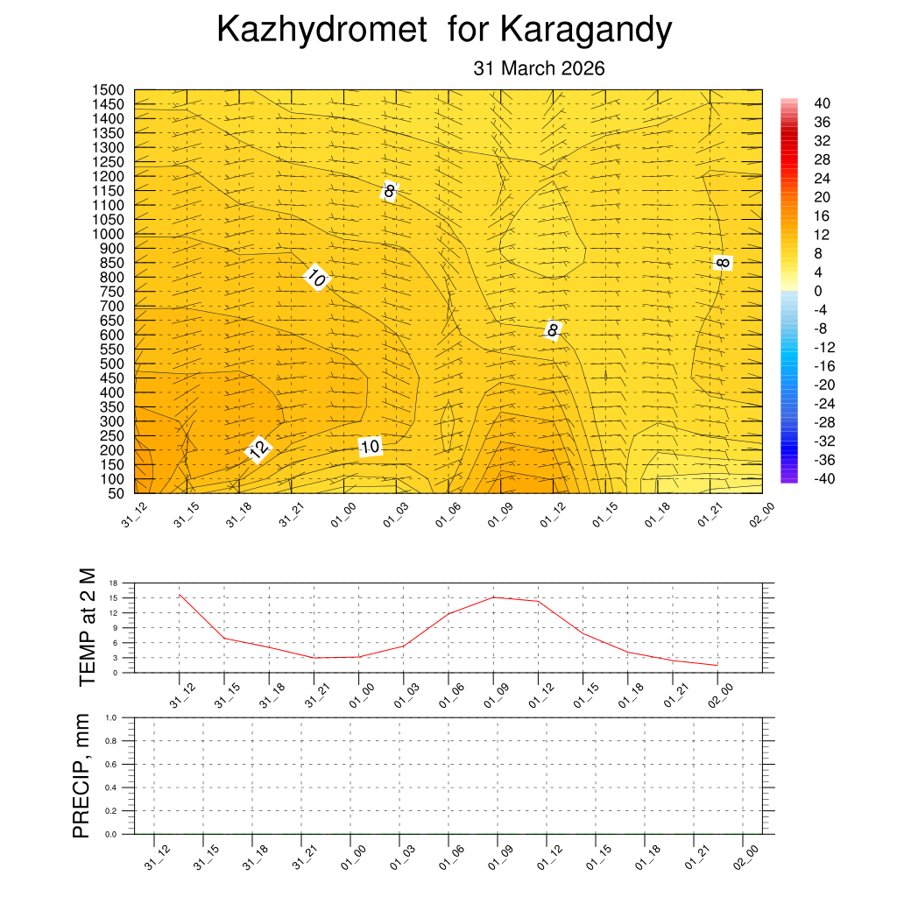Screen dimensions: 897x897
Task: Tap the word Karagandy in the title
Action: coord(586,30)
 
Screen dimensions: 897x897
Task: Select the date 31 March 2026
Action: coord(539,68)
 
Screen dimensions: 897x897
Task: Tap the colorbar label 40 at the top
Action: coord(822,102)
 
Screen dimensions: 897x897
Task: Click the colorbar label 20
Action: coord(822,197)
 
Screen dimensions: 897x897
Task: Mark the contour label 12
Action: coord(258,450)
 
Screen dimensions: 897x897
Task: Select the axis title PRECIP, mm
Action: coord(81,776)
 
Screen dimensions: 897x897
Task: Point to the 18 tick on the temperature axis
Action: coord(113,583)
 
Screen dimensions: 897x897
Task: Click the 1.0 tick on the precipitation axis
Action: coord(111,717)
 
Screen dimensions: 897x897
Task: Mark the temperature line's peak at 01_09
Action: coord(493,597)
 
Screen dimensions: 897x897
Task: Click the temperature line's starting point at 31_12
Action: coord(180,595)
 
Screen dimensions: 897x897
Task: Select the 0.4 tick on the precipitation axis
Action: coord(111,788)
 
